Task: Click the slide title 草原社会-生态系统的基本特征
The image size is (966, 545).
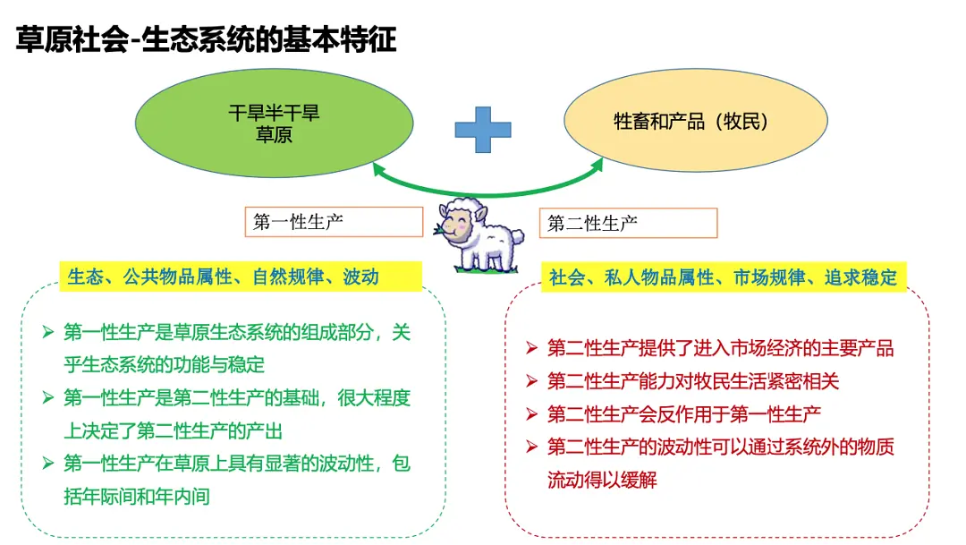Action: (206, 39)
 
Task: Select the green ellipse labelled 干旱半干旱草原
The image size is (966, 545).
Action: (275, 123)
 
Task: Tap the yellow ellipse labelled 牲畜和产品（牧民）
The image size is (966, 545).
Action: (696, 120)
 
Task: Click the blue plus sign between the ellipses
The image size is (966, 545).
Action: (483, 130)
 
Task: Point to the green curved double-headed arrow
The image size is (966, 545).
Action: (487, 193)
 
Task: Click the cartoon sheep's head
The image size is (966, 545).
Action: (461, 220)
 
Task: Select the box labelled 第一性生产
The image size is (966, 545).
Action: (334, 222)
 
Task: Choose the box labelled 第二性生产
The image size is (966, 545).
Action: (629, 223)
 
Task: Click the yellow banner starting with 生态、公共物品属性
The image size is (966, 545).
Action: (241, 277)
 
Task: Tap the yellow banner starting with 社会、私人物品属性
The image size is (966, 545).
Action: (724, 277)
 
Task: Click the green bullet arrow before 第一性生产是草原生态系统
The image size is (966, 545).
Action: (48, 332)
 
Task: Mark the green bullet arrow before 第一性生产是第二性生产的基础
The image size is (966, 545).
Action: (48, 397)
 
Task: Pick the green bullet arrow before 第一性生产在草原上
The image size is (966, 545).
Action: (48, 463)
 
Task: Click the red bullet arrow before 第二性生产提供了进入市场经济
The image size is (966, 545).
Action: (532, 348)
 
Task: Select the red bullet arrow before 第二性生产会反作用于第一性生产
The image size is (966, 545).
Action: (532, 413)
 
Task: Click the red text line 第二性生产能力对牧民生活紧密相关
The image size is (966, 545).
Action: (693, 381)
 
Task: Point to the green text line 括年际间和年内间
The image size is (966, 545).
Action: (137, 497)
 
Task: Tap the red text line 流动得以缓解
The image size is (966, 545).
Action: (602, 480)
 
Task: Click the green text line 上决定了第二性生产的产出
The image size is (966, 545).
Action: (174, 431)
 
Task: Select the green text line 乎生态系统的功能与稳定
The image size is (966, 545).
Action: (164, 365)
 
